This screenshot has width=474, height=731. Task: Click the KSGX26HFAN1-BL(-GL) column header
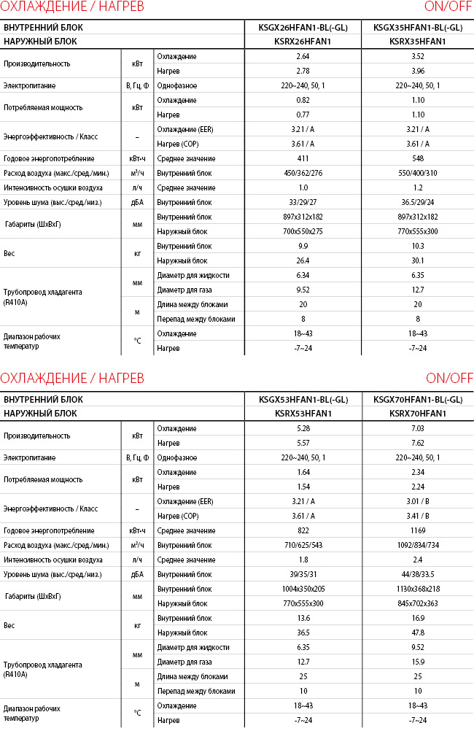coord(303,28)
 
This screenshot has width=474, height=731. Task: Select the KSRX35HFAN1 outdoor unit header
coord(418,42)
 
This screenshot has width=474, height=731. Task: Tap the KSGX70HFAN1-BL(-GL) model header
coord(418,400)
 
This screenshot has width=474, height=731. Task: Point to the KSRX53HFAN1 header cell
coord(303,414)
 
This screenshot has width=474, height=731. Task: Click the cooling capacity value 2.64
coord(303,56)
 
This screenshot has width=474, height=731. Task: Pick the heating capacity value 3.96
coord(418,71)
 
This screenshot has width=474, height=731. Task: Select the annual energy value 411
coord(303,158)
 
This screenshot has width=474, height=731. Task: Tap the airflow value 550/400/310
coord(418,173)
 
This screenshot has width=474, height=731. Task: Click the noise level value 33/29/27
coord(303,202)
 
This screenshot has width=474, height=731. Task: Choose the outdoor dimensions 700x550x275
coord(303,231)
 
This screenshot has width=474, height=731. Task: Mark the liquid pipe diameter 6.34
coord(303,275)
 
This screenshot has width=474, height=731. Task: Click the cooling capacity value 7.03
coord(418,428)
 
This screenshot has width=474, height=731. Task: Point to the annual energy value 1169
coord(418,530)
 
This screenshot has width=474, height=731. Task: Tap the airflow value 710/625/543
coord(303,545)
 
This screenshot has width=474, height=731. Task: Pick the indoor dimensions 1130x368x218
coord(418,589)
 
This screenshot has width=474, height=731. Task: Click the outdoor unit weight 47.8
coord(418,633)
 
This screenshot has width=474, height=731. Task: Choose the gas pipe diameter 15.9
coord(418,662)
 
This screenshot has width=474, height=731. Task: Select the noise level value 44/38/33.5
coord(418,574)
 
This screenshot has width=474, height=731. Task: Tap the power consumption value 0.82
coord(303,100)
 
